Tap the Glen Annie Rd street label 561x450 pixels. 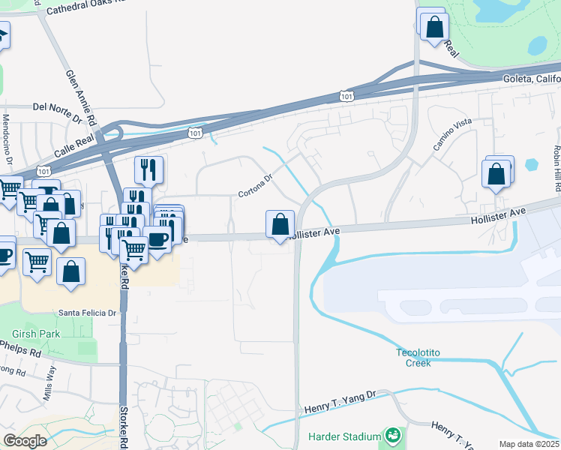pos(82,97)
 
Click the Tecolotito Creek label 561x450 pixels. pos(413,358)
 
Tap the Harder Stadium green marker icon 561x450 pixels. pos(391,435)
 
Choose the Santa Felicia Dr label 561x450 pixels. pos(88,313)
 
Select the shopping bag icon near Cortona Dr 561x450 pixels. pos(280,223)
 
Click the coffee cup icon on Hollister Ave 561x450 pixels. pos(157,239)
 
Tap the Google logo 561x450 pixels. pos(25,440)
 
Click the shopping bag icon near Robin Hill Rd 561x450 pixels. pos(496,174)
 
